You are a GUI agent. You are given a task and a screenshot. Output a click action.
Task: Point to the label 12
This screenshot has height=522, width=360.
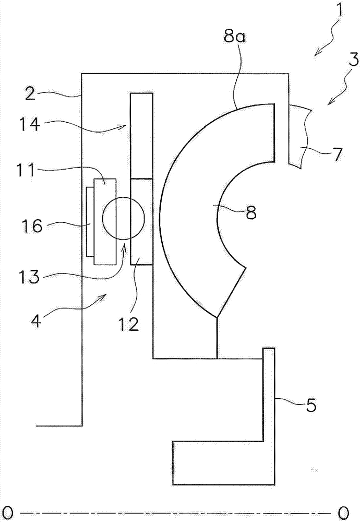[128, 324]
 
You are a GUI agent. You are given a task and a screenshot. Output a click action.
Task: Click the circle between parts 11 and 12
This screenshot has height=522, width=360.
[123, 218]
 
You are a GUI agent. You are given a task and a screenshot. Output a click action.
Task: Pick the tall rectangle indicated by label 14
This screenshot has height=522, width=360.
[141, 135]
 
